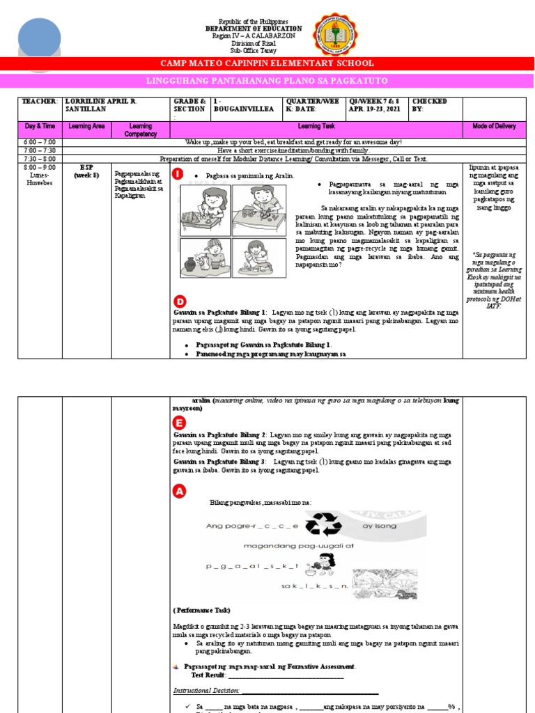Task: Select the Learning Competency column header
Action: [141, 130]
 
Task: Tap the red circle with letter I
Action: [180, 174]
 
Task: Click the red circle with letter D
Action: [180, 301]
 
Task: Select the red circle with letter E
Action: [180, 423]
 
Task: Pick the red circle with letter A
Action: [180, 492]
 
